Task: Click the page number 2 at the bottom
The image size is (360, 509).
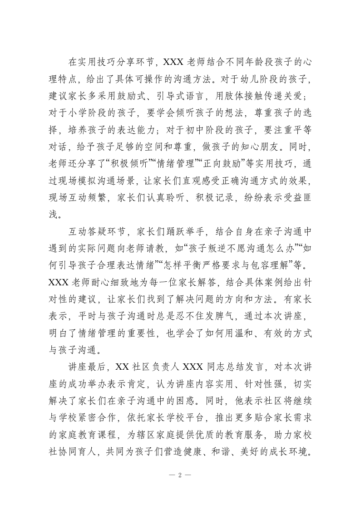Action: (x=180, y=476)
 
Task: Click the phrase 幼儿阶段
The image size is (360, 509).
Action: (x=260, y=80)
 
